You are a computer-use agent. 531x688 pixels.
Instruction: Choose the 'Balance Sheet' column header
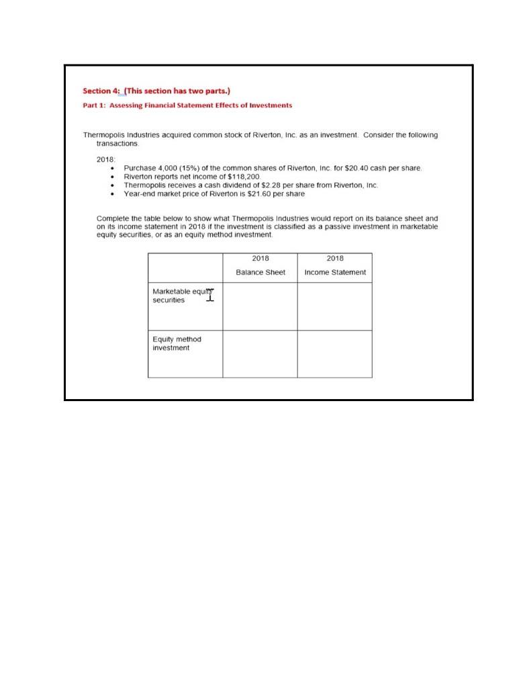click(260, 272)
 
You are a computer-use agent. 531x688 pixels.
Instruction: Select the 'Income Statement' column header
click(335, 272)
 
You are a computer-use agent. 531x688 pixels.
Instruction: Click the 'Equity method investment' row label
click(177, 343)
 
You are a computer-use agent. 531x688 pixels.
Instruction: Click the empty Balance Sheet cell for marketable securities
click(260, 306)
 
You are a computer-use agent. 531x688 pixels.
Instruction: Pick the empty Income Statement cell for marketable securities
click(334, 306)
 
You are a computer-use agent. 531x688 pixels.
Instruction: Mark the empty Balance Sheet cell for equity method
click(260, 354)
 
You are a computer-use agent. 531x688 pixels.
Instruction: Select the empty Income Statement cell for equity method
click(334, 354)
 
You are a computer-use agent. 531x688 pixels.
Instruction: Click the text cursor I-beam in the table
click(210, 294)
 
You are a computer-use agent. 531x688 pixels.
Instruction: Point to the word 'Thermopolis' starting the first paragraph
click(102, 135)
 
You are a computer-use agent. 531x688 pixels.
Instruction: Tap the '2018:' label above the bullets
click(106, 158)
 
